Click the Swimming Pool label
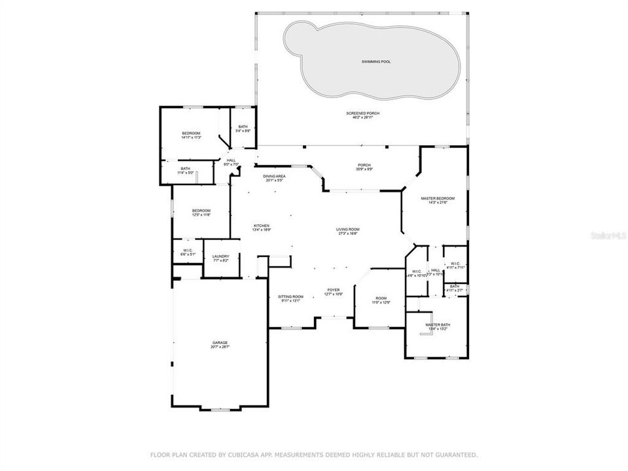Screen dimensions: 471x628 click(x=376, y=61)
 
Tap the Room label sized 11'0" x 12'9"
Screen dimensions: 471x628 click(x=381, y=300)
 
